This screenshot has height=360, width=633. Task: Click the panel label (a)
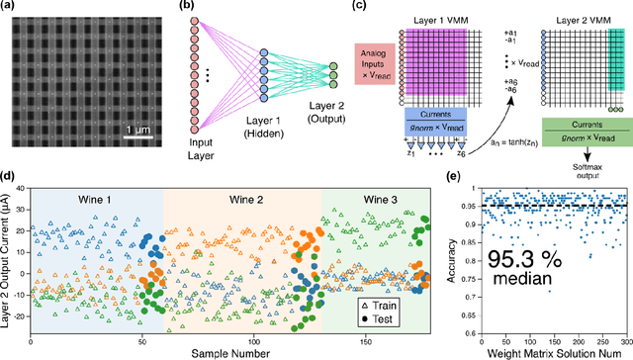pos(10,8)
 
